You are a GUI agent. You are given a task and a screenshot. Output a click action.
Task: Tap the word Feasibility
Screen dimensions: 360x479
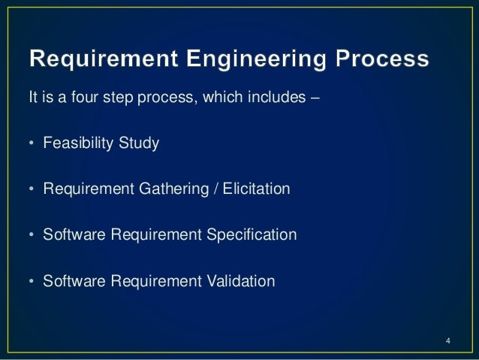point(76,144)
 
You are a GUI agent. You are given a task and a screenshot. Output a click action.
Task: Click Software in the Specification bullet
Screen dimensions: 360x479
point(74,236)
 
